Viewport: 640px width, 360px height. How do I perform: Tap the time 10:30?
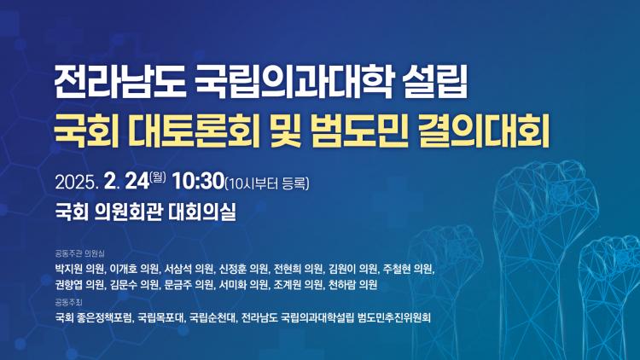(x=198, y=181)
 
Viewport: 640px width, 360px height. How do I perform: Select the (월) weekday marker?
(x=158, y=177)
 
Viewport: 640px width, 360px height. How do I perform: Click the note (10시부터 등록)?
(x=267, y=183)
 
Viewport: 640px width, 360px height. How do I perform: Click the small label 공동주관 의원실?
(x=79, y=253)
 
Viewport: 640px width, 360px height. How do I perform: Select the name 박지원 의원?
(x=80, y=269)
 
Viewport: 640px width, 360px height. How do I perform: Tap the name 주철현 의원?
(x=408, y=269)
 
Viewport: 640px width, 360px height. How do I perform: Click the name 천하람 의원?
(x=352, y=284)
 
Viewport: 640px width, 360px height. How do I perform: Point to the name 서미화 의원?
(x=244, y=284)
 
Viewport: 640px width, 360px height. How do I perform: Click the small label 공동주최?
(x=68, y=302)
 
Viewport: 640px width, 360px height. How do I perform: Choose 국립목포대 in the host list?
(x=161, y=317)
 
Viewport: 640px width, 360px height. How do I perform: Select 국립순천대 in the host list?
(x=213, y=317)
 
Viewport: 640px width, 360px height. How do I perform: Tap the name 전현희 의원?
(x=299, y=269)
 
